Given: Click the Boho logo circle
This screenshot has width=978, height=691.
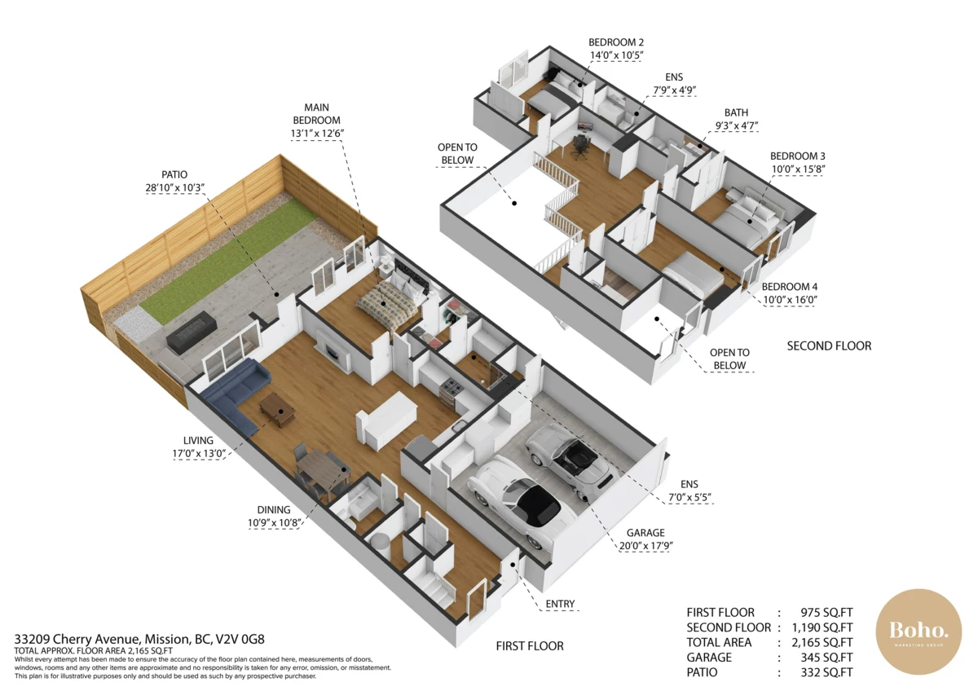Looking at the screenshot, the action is coord(919,632).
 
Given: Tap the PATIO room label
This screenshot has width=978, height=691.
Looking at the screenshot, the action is coord(174,174).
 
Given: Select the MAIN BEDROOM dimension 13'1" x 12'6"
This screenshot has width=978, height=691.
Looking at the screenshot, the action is coord(317,133).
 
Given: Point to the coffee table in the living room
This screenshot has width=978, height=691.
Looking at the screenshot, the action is coord(276,409).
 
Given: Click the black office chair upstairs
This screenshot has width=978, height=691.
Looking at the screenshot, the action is coord(579,147).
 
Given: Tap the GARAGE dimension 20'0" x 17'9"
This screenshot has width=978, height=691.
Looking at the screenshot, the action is coord(646,546).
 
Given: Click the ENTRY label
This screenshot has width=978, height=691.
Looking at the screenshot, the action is coord(560,604).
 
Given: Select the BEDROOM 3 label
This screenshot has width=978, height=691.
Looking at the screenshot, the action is coord(798,156).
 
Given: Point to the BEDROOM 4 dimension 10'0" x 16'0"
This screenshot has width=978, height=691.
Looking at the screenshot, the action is coord(791,300).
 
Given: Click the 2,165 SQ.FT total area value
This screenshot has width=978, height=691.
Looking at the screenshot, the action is coord(822,642).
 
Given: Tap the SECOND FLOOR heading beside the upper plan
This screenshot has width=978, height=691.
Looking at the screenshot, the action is coord(829,346).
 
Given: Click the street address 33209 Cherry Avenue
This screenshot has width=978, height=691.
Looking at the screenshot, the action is coord(77,640).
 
